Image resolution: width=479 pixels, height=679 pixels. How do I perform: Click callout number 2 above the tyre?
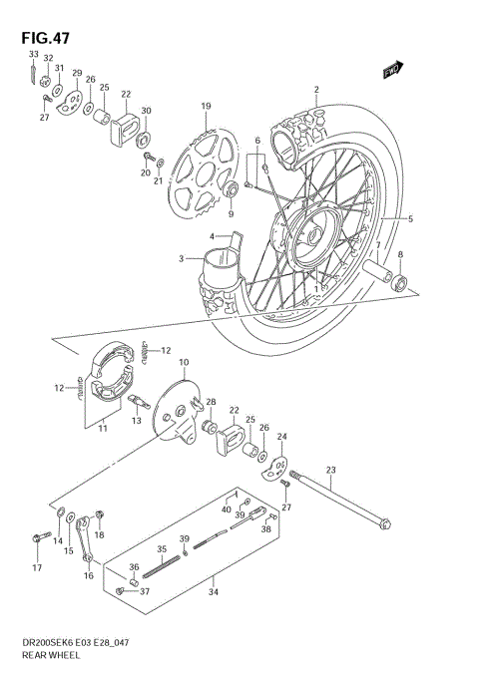pos(315,90)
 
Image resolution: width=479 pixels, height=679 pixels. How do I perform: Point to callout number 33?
pos(33,54)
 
